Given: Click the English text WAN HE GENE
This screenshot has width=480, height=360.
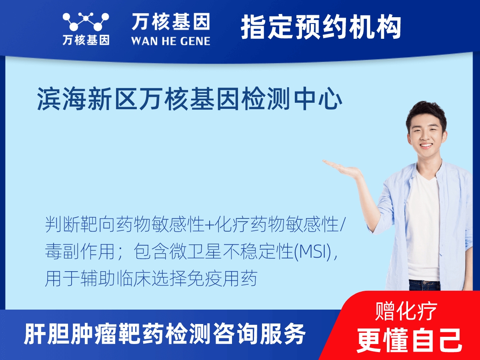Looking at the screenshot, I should (x=170, y=41).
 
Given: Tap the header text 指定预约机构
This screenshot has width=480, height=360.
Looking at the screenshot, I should (x=321, y=27).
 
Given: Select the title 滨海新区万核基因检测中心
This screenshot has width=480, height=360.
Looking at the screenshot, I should (x=190, y=100).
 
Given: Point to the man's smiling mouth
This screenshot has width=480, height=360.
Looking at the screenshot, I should (x=426, y=146).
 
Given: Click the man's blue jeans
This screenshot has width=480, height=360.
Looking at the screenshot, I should (x=424, y=285).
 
